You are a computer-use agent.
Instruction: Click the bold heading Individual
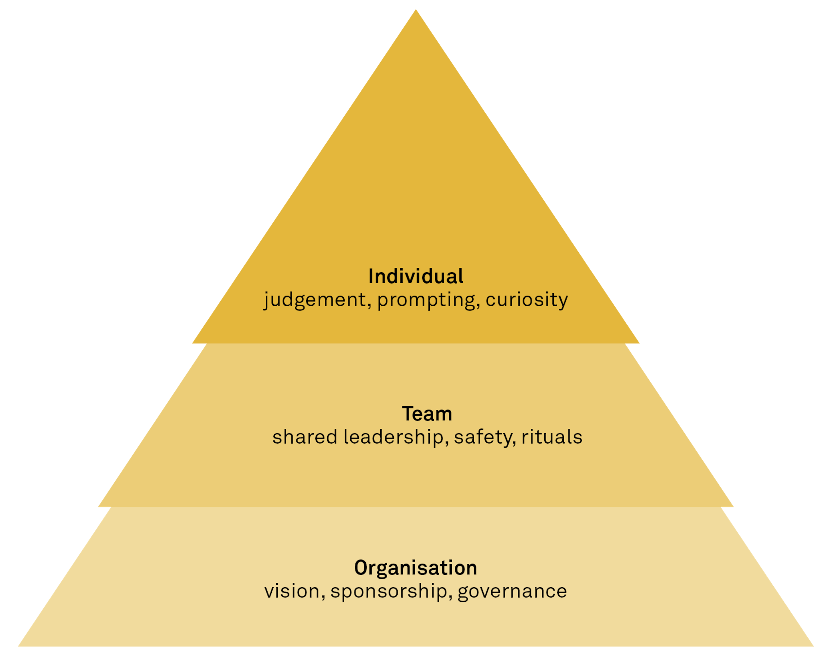(416, 276)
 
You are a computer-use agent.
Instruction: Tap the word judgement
(315, 300)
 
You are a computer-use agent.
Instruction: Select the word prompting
(426, 300)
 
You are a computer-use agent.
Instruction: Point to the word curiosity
(527, 300)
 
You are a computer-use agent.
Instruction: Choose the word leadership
(393, 437)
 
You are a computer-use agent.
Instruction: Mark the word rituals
(551, 437)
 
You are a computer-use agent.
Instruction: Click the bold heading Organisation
(416, 568)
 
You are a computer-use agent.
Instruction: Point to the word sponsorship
(389, 591)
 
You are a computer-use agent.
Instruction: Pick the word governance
(512, 591)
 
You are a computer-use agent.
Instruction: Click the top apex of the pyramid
(416, 10)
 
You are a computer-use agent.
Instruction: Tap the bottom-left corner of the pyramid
(19, 646)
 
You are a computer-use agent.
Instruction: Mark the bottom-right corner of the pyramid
(813, 646)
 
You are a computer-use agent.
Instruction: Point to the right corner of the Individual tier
(639, 343)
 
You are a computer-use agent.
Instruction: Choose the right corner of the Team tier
(733, 507)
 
